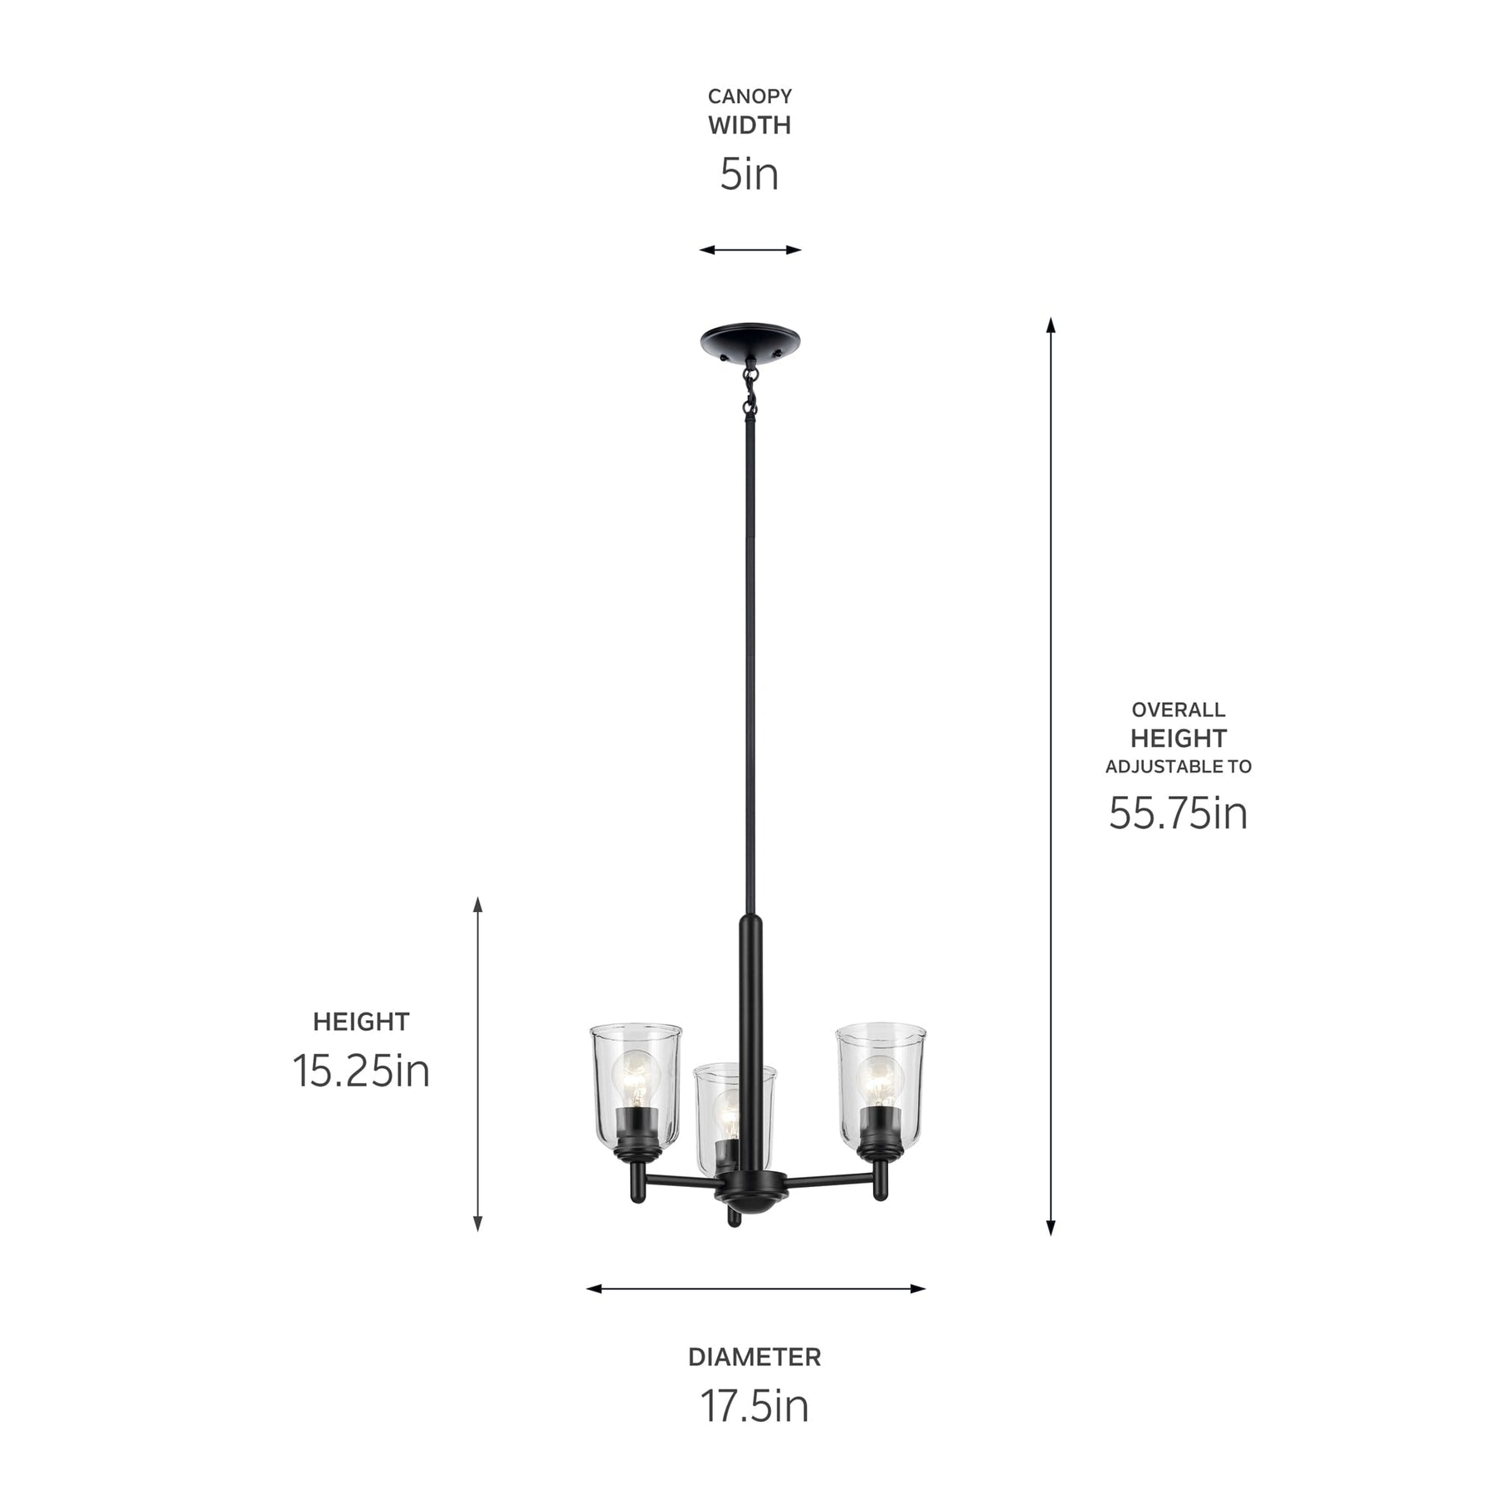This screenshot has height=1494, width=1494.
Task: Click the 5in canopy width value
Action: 749,174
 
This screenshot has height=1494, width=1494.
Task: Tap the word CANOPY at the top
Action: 749,96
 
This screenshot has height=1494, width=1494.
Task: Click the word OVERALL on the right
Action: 1178,710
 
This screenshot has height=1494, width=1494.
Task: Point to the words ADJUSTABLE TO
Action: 1178,766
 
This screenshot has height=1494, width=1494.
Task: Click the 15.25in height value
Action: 361,1071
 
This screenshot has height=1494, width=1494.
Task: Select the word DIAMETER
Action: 754,1357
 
